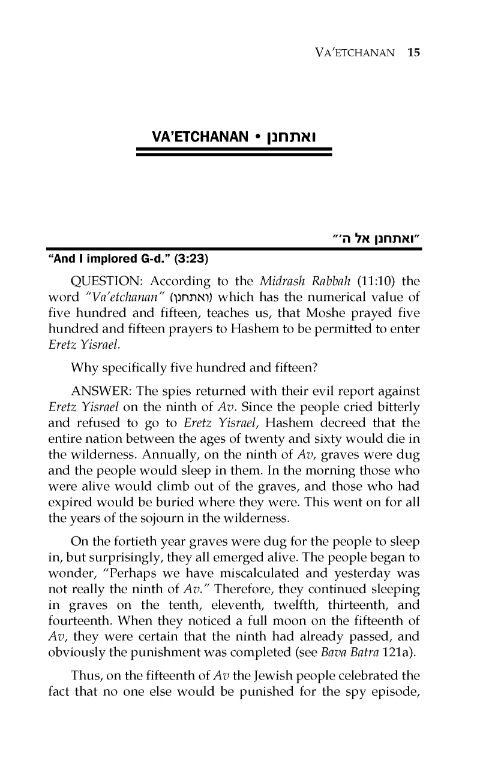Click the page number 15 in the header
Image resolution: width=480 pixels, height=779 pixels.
[x=414, y=52]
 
